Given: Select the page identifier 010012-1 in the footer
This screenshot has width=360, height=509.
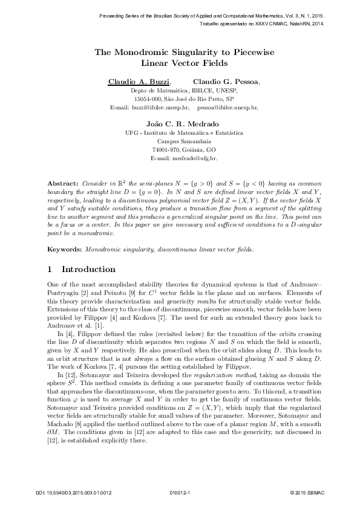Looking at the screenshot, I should click(x=180, y=493).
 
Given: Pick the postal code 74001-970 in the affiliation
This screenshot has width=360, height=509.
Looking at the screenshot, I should click(x=168, y=149).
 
